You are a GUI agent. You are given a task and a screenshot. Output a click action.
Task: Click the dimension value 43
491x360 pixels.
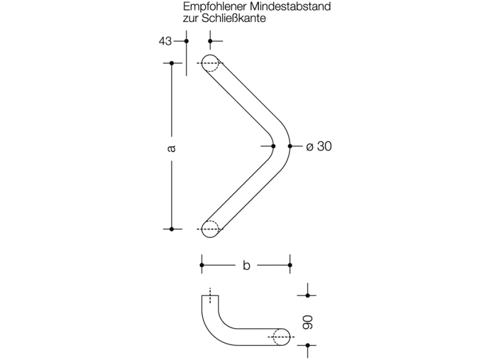[x=164, y=41]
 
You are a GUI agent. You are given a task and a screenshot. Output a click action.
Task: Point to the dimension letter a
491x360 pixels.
[x=172, y=148]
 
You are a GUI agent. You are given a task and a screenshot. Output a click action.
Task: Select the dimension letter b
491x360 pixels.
[x=246, y=265]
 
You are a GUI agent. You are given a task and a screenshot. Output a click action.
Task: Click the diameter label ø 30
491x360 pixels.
[x=318, y=146]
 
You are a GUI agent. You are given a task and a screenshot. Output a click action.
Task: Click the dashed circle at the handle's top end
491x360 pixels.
[x=210, y=63]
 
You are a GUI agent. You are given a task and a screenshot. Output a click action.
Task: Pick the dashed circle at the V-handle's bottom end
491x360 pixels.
[x=209, y=229]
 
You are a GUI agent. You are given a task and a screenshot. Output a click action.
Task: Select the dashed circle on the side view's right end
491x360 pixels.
[x=281, y=337]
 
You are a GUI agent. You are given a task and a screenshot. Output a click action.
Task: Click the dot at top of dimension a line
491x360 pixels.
[x=172, y=63]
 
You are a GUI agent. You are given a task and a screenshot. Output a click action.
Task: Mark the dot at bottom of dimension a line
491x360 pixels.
[x=172, y=229]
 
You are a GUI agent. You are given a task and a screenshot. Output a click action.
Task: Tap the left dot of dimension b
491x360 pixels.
[x=202, y=265]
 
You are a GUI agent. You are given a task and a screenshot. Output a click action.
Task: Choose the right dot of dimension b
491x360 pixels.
[x=290, y=265]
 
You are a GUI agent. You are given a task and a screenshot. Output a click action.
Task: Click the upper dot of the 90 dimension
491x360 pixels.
[x=308, y=295]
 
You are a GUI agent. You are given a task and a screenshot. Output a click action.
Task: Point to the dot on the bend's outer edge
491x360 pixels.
[x=290, y=146]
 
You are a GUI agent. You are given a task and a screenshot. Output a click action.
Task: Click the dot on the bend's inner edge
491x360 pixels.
[x=273, y=146]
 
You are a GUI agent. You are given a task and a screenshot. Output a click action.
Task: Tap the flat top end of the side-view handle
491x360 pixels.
[x=210, y=296]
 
